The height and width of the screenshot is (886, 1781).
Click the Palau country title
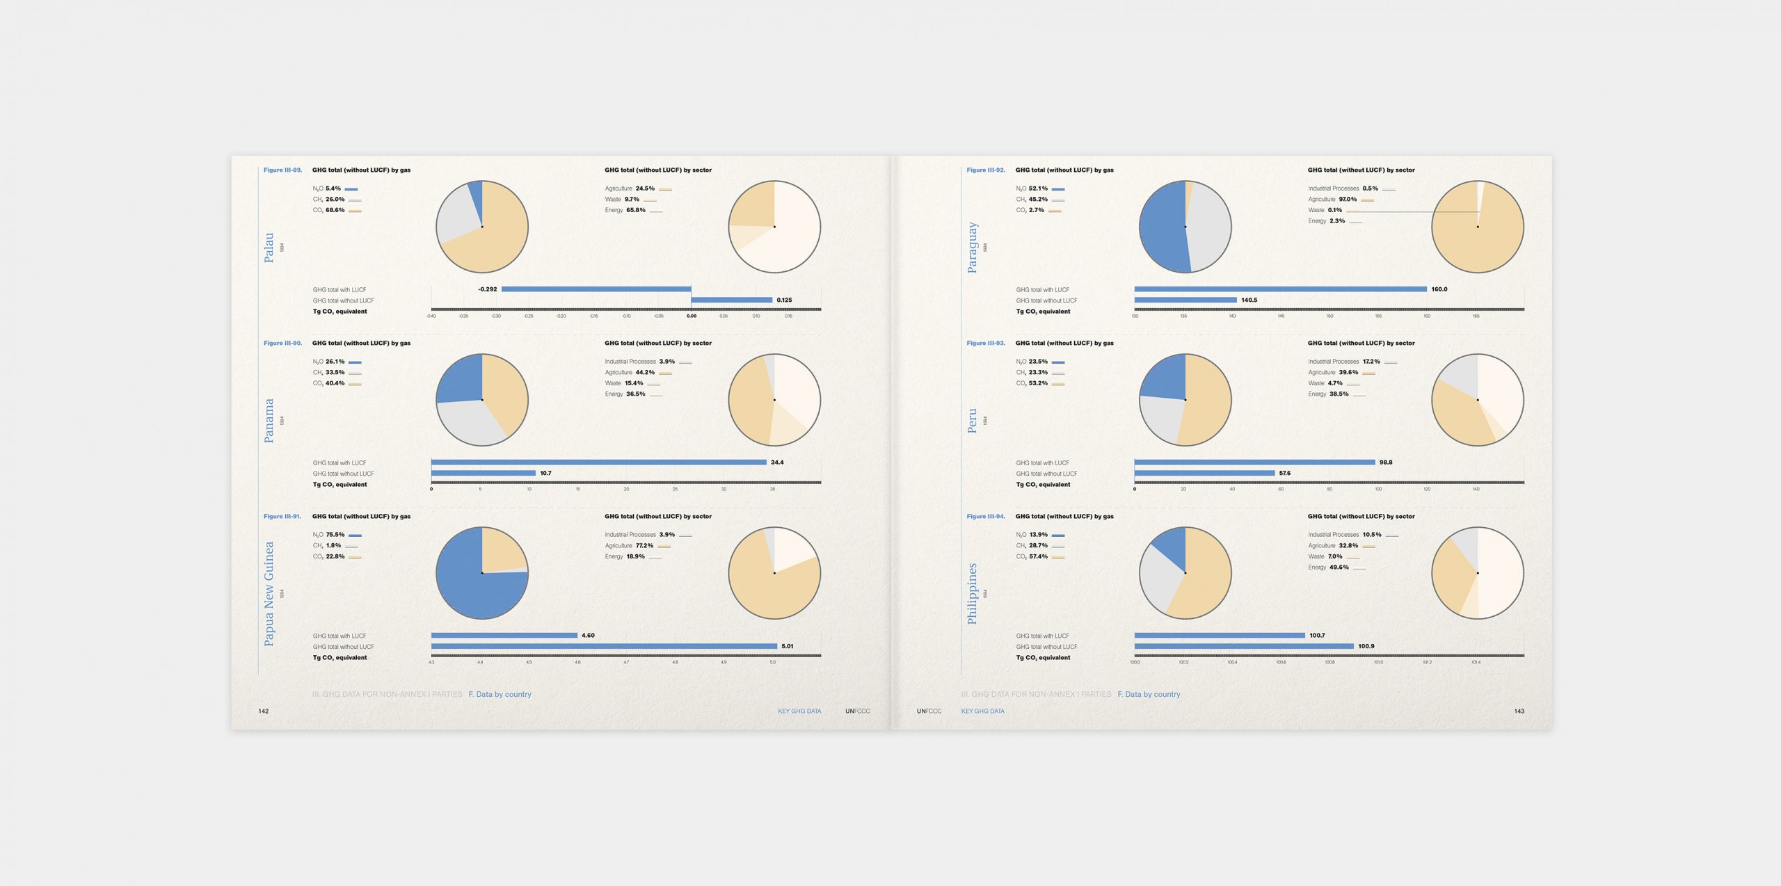click(269, 248)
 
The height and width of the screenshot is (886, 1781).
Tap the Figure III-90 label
click(282, 343)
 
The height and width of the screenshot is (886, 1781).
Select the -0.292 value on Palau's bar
click(488, 289)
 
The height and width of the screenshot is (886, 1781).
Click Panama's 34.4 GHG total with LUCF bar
click(598, 462)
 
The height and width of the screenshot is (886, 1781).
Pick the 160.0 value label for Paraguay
click(1439, 289)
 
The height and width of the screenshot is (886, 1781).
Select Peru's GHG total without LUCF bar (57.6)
click(1204, 473)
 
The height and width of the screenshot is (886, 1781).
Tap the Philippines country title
click(972, 593)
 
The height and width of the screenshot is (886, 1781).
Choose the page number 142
click(264, 711)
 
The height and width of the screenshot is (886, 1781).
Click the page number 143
click(1519, 711)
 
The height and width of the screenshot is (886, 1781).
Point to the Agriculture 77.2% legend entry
click(630, 546)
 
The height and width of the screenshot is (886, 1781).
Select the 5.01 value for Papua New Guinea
click(787, 646)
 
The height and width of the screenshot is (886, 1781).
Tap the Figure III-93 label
click(986, 343)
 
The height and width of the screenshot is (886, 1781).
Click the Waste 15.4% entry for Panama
click(625, 383)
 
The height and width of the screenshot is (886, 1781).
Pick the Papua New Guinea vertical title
click(269, 593)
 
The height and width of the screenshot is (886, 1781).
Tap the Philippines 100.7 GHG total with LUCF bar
click(1219, 635)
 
